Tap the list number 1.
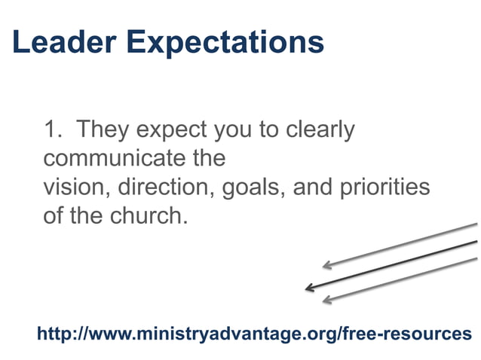click(x=51, y=130)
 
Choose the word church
click(x=148, y=215)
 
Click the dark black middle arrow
click(x=392, y=264)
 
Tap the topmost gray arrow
click(x=400, y=245)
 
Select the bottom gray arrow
click(x=400, y=279)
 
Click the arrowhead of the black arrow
click(x=308, y=288)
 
